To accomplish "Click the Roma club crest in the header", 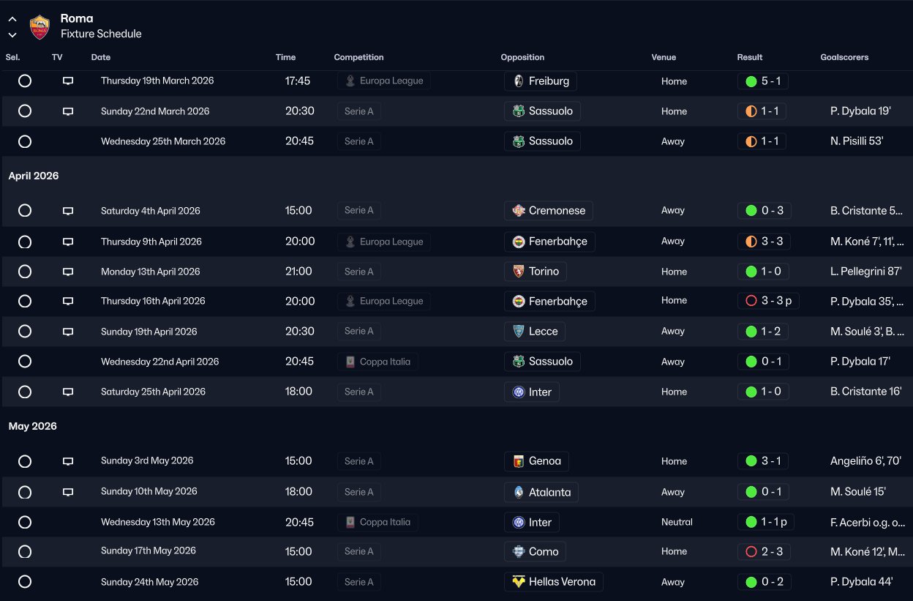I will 40,27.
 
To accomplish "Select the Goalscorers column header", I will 844,57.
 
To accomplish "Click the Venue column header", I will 664,57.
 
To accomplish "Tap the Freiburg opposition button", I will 541,81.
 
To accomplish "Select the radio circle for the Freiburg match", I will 25,81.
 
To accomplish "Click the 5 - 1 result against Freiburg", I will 763,81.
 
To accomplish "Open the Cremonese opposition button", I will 548,211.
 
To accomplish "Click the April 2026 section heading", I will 34,176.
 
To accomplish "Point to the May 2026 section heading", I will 33,426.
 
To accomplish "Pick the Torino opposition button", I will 535,272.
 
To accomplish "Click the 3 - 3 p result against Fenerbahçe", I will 769,301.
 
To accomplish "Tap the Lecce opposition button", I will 534,332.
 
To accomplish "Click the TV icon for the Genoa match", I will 68,461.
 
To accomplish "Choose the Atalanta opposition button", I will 541,492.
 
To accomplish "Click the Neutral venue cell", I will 677,522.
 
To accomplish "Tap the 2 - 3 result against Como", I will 763,551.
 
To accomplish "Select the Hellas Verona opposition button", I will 553,582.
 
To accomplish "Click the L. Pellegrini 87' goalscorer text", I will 861,272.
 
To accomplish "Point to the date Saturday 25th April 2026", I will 153,392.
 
